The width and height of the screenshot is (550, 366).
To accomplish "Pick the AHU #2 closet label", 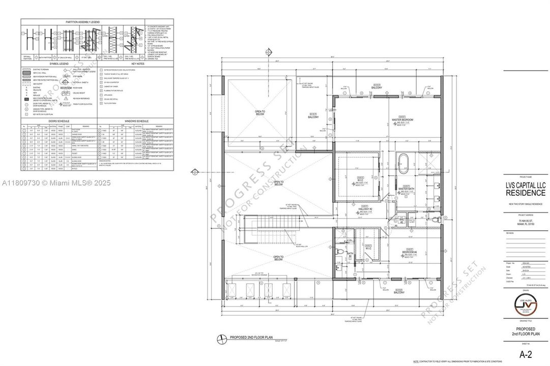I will point(401,221).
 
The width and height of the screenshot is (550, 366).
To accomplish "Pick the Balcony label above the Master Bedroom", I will point(377,87).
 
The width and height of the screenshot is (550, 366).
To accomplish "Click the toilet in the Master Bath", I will point(436,221).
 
